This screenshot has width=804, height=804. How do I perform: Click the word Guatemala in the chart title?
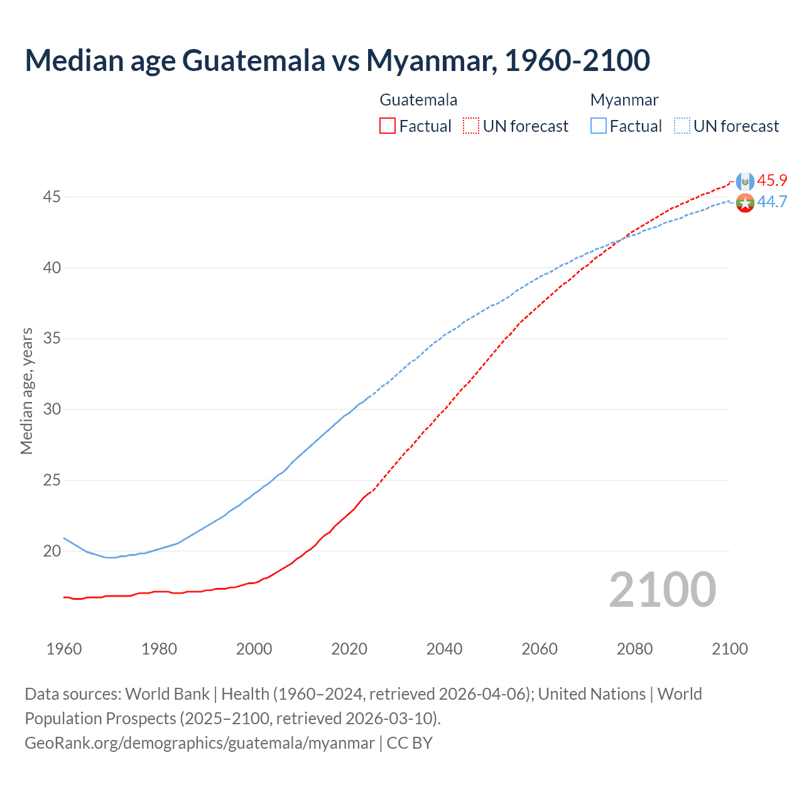point(253,60)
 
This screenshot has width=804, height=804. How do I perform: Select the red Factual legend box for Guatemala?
point(388,126)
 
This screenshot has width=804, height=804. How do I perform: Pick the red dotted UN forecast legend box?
point(471,126)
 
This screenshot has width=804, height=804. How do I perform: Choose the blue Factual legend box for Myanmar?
point(598,126)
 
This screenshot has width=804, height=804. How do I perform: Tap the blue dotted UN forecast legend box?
point(682,126)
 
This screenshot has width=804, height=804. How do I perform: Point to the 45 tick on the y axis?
point(52,197)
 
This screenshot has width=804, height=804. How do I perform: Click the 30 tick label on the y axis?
point(52,409)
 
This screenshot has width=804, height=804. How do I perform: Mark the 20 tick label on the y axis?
point(52,551)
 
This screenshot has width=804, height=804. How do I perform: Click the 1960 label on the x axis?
point(64,649)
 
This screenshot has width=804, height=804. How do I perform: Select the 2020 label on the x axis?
point(349,649)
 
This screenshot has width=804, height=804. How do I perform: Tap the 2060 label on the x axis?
point(540,649)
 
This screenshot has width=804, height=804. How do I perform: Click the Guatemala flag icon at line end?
point(745,181)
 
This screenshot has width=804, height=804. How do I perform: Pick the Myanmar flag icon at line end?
point(745,203)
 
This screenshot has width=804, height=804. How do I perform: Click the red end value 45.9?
point(772,180)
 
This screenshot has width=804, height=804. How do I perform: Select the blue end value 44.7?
point(772,202)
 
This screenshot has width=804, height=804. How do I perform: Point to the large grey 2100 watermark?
point(663,589)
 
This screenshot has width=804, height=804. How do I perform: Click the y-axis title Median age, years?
point(26,391)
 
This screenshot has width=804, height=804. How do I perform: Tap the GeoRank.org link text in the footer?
point(199,743)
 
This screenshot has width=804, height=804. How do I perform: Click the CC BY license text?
point(410,743)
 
